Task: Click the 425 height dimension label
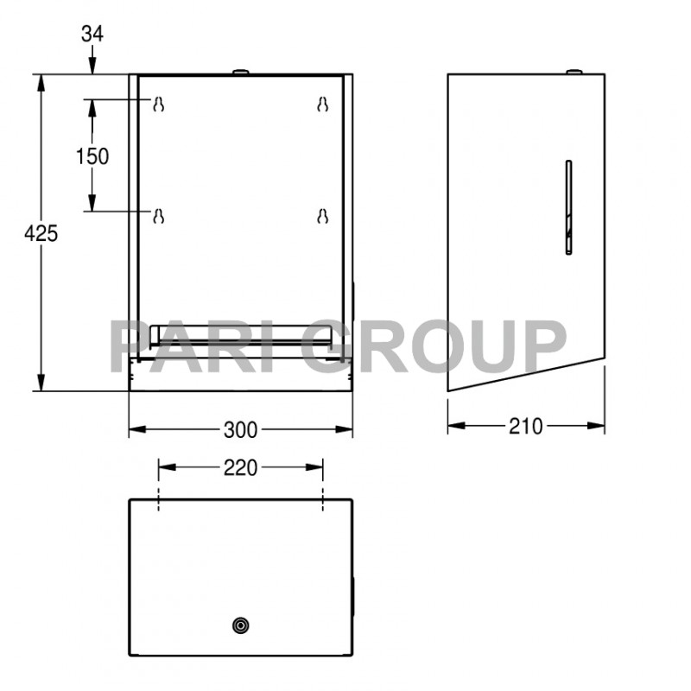(x=41, y=232)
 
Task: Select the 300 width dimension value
(x=240, y=428)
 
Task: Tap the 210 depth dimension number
(x=525, y=426)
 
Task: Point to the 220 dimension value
(x=240, y=467)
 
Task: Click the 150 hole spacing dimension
(x=92, y=156)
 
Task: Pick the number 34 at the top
(x=92, y=35)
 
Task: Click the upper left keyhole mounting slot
(x=158, y=105)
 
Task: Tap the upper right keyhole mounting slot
(x=322, y=105)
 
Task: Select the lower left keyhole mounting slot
(x=158, y=215)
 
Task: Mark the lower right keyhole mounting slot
(x=322, y=215)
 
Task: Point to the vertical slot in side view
(x=567, y=207)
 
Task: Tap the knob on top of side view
(x=572, y=71)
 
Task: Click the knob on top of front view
(x=240, y=71)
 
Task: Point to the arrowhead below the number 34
(x=92, y=67)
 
